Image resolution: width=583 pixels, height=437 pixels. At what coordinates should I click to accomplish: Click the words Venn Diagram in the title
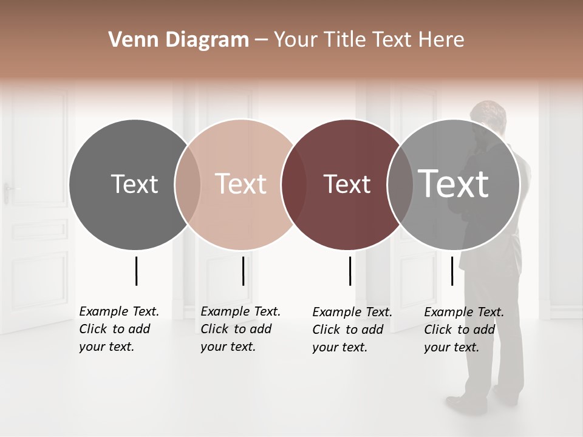click(179, 40)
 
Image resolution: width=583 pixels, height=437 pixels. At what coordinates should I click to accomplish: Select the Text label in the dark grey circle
click(134, 184)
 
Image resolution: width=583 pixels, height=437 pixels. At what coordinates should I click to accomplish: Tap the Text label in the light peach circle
click(240, 184)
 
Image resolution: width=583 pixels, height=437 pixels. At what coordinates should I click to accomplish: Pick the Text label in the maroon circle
click(347, 184)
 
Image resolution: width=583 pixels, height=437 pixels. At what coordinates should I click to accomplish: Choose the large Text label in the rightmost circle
click(454, 183)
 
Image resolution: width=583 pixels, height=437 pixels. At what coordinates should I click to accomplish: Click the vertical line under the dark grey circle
click(137, 271)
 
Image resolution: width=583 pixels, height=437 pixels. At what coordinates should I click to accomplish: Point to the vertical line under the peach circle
click(243, 271)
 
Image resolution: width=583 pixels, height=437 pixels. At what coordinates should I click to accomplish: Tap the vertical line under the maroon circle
click(350, 271)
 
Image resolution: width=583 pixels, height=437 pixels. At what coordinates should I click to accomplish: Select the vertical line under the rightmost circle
click(452, 271)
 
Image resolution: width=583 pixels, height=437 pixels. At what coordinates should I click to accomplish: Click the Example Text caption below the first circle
click(118, 329)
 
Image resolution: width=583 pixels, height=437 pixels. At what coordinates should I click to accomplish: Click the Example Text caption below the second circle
click(240, 329)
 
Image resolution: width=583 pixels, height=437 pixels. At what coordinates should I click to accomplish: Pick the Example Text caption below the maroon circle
click(352, 330)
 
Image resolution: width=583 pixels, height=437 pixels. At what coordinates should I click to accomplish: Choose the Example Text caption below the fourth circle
click(463, 330)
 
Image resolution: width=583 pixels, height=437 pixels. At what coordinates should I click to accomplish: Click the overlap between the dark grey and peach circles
click(188, 184)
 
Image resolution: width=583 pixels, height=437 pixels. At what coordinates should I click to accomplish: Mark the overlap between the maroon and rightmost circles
click(400, 184)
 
